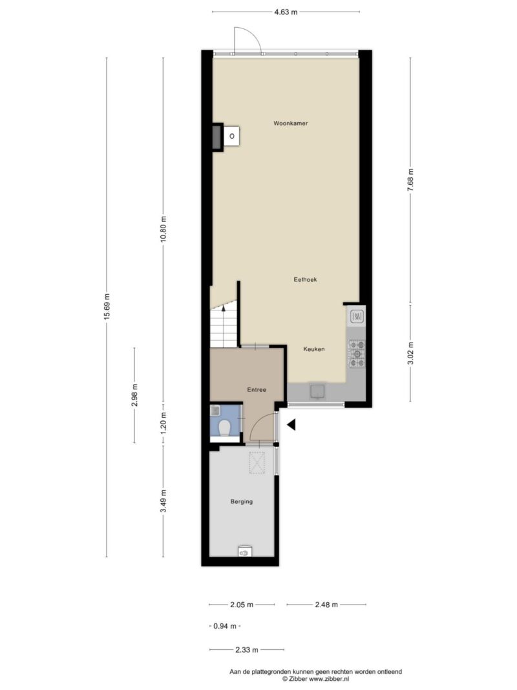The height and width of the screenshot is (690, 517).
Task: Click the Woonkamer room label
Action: pyautogui.click(x=291, y=124)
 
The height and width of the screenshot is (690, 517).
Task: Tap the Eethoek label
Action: pyautogui.click(x=305, y=279)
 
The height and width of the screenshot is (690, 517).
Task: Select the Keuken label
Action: pyautogui.click(x=314, y=349)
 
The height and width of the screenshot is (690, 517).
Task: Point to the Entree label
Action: pyautogui.click(x=257, y=389)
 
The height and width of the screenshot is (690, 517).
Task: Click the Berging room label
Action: pyautogui.click(x=241, y=501)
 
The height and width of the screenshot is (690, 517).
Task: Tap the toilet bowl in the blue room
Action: pyautogui.click(x=225, y=427)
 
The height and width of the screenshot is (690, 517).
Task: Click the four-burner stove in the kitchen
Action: pyautogui.click(x=357, y=354)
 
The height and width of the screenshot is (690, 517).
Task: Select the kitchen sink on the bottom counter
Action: pyautogui.click(x=317, y=391)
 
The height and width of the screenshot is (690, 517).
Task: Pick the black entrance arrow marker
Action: pyautogui.click(x=291, y=424)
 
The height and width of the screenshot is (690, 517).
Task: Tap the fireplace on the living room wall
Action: pyautogui.click(x=226, y=136)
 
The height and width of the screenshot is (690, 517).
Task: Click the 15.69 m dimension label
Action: pyautogui.click(x=107, y=307)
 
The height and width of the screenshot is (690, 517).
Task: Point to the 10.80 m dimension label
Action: pyautogui.click(x=163, y=230)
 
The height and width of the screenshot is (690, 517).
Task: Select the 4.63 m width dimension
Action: pyautogui.click(x=286, y=12)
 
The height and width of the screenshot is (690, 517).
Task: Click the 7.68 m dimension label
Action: pyautogui.click(x=410, y=180)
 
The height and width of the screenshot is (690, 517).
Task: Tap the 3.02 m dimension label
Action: pyautogui.click(x=410, y=353)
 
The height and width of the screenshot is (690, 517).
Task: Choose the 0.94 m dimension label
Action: pyautogui.click(x=225, y=626)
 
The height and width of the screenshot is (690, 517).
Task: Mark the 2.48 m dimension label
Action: pyautogui.click(x=326, y=605)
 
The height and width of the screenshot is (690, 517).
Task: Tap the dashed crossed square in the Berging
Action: pyautogui.click(x=257, y=462)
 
